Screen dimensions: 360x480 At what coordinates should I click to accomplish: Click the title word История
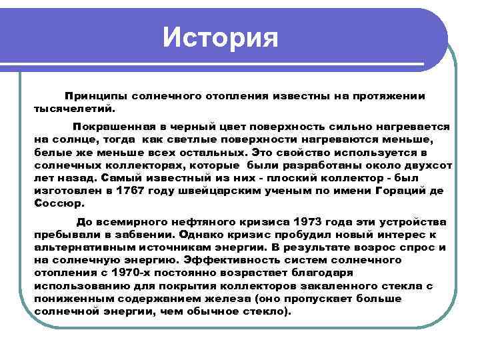220,36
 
